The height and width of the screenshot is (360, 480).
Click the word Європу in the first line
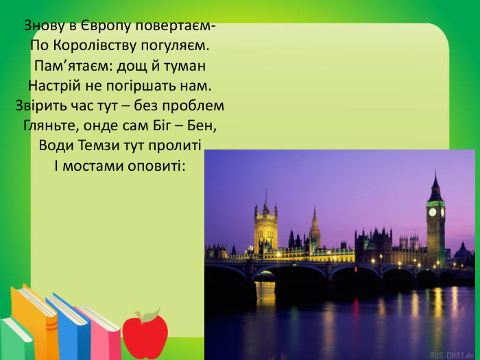(93, 26)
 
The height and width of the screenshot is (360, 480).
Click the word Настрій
(53, 86)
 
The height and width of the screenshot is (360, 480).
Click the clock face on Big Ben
(433, 212)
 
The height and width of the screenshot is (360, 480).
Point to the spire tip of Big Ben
(435, 172)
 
